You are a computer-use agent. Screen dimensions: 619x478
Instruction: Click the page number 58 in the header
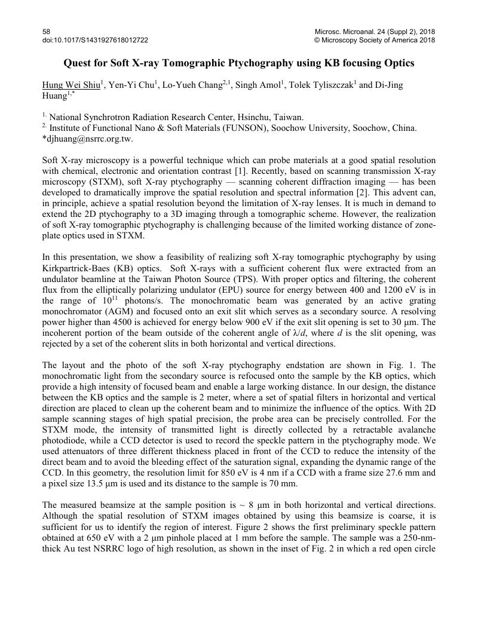click(47, 31)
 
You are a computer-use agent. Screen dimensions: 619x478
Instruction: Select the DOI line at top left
click(96, 40)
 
